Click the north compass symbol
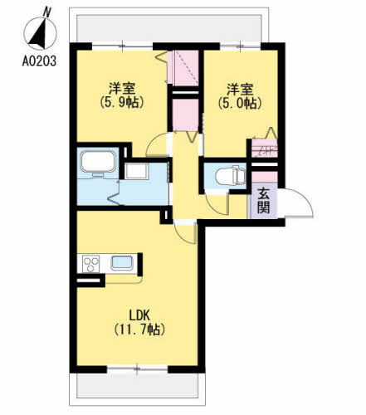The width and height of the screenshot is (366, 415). (41, 32)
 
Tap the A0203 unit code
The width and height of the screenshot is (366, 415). (39, 61)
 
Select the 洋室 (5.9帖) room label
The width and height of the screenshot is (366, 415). (122, 95)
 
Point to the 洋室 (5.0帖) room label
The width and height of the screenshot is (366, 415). (240, 95)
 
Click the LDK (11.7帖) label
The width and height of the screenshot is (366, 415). (139, 322)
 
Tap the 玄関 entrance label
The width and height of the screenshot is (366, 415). (263, 202)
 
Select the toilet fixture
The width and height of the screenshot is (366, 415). (230, 176)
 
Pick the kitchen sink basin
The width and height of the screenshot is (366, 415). (121, 262)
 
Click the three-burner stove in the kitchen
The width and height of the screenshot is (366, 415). (90, 264)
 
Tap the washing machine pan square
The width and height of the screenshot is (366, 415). (135, 171)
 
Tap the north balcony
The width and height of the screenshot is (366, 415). (168, 28)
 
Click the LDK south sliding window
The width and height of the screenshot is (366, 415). (138, 369)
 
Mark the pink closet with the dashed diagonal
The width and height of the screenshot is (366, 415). (183, 67)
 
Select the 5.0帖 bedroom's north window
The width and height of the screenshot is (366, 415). (240, 46)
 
